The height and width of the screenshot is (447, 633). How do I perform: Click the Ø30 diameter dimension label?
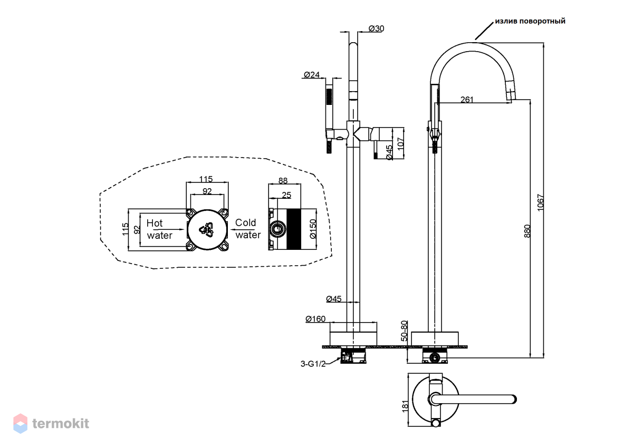point(376,28)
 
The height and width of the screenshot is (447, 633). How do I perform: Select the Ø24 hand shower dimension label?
point(312,74)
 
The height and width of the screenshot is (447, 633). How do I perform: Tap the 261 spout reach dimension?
point(467,100)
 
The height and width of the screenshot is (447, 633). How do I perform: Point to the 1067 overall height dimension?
point(540,202)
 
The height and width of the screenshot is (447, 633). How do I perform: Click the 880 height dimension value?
point(527,231)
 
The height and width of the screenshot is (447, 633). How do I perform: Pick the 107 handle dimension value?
point(400,144)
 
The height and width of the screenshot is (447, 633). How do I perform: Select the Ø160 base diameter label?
point(315,319)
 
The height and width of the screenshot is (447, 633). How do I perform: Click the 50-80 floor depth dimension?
point(405,331)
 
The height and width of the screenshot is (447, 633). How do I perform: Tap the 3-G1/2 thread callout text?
point(313,364)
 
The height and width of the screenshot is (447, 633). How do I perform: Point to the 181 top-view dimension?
point(405,406)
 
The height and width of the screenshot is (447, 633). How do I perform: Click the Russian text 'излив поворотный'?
point(530,21)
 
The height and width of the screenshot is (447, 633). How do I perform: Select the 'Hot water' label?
point(159,229)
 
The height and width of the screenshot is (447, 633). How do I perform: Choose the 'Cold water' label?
point(248,229)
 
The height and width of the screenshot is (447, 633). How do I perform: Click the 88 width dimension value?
point(283,180)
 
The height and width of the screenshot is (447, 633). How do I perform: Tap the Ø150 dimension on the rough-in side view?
point(313,229)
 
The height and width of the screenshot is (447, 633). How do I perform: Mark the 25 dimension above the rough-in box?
point(286,195)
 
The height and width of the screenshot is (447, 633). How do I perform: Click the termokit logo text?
point(61,423)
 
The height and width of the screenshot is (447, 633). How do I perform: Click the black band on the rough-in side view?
point(294,229)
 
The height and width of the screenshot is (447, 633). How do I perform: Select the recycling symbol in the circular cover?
point(207,230)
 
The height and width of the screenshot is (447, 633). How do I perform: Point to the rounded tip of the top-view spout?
point(515,399)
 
